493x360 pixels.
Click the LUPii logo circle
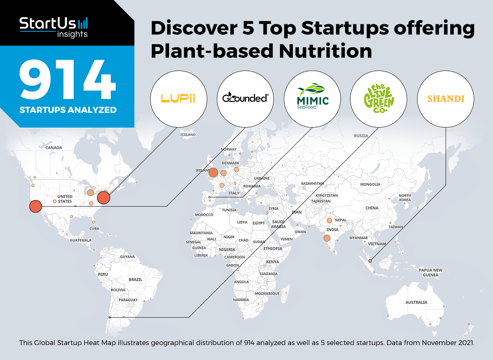pyautogui.click(x=178, y=99)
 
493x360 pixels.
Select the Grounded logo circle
pyautogui.click(x=245, y=99)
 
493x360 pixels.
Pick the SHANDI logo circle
pyautogui.click(x=446, y=99)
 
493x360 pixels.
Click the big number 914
pyautogui.click(x=67, y=79)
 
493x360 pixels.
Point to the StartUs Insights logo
pyautogui.click(x=54, y=27)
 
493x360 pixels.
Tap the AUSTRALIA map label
pyautogui.click(x=416, y=302)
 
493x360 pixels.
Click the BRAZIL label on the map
pyautogui.click(x=136, y=279)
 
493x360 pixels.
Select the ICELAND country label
pyautogui.click(x=188, y=135)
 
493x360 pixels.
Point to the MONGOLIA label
pyautogui.click(x=370, y=184)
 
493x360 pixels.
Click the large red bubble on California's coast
pyautogui.click(x=36, y=207)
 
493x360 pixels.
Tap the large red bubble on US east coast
pyautogui.click(x=104, y=198)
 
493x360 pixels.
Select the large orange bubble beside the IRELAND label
pyautogui.click(x=213, y=172)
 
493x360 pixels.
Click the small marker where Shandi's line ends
pyautogui.click(x=370, y=261)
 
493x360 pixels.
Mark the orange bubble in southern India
pyautogui.click(x=327, y=238)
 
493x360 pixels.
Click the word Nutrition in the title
pyautogui.click(x=325, y=51)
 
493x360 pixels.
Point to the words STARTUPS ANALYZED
pyautogui.click(x=68, y=110)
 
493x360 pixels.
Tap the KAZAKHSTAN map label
pyautogui.click(x=312, y=183)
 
